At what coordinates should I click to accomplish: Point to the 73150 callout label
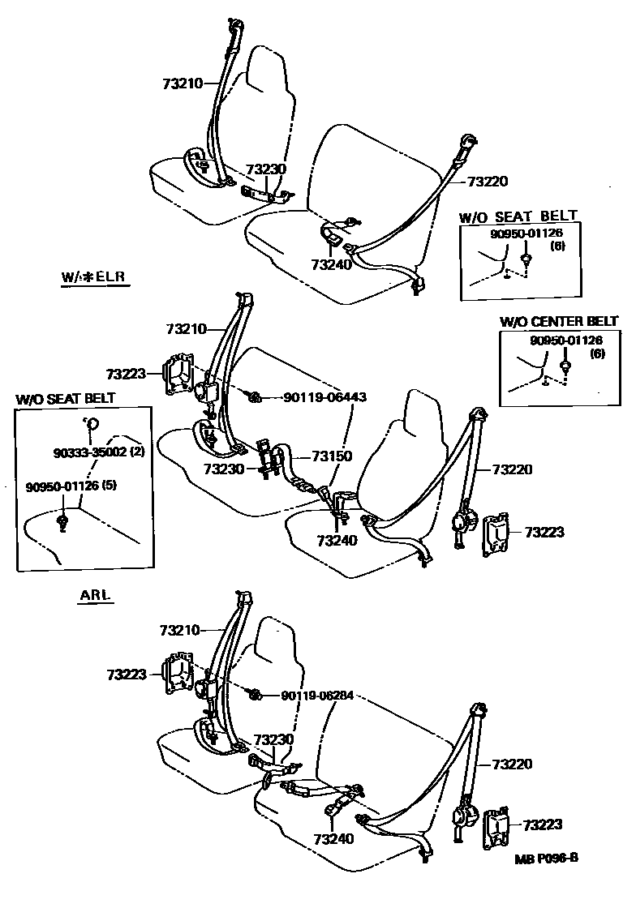333,456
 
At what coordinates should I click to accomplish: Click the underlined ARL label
95,595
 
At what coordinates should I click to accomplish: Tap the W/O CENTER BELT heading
559,322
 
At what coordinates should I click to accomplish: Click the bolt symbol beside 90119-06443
254,396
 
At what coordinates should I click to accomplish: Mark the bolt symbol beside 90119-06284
254,695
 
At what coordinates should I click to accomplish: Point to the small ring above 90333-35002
92,422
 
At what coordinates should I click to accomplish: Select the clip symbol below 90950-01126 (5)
63,518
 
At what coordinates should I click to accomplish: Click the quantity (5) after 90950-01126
110,486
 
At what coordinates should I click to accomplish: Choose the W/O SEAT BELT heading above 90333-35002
66,398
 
